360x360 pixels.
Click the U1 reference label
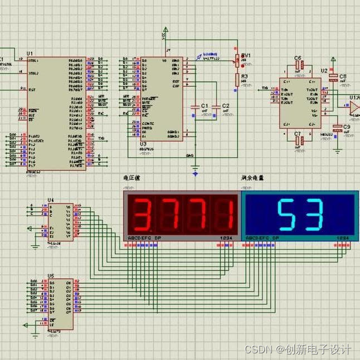[x=30, y=54]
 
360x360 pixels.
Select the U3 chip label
[x=143, y=144]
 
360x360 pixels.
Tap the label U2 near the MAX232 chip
[x=324, y=71]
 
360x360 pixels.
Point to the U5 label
[x=51, y=276]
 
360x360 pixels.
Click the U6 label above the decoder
[x=51, y=200]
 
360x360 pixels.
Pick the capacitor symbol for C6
[x=298, y=66]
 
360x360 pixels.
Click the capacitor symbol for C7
[x=298, y=141]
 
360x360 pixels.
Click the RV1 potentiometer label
[x=246, y=56]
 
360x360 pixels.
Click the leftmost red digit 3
[x=142, y=215]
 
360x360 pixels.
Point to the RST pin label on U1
[x=32, y=89]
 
